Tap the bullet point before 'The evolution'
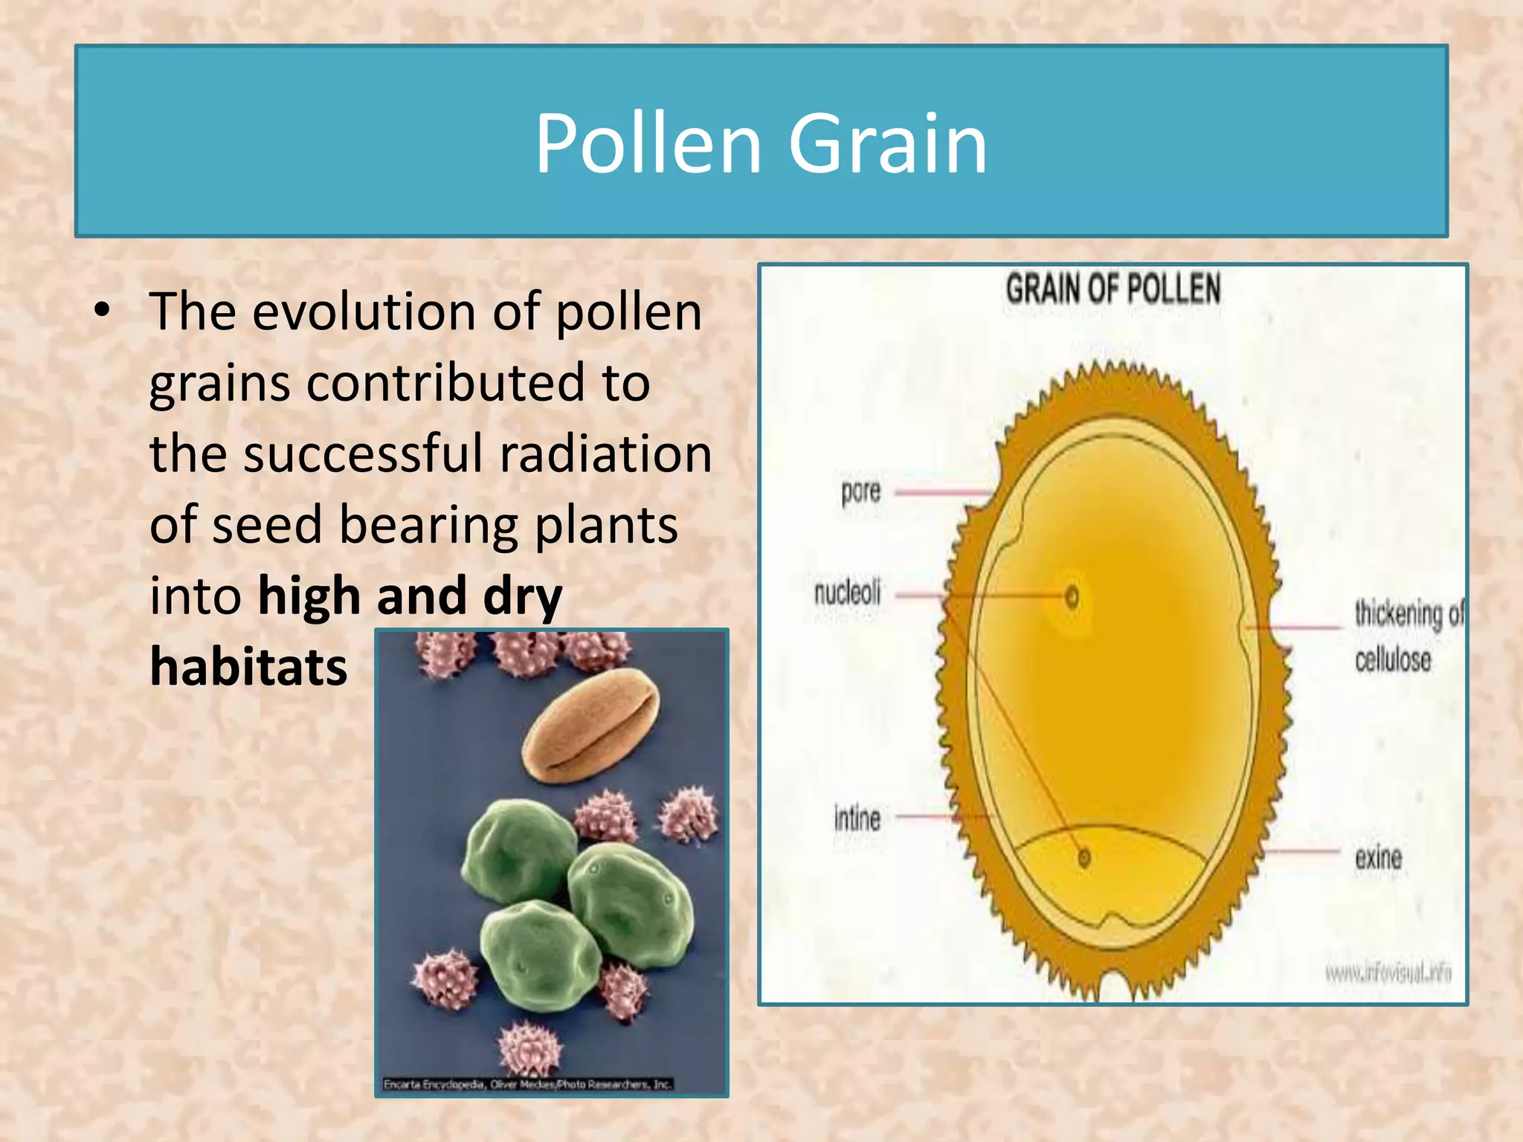103,312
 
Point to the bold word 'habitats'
248,666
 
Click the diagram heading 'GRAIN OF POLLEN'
1113,289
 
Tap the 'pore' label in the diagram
860,492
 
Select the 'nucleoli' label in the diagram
847,593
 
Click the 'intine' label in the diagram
857,819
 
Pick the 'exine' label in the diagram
1378,858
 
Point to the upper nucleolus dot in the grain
1072,596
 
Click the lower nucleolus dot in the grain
1084,858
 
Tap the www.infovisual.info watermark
1387,972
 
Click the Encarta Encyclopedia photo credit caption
527,1085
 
